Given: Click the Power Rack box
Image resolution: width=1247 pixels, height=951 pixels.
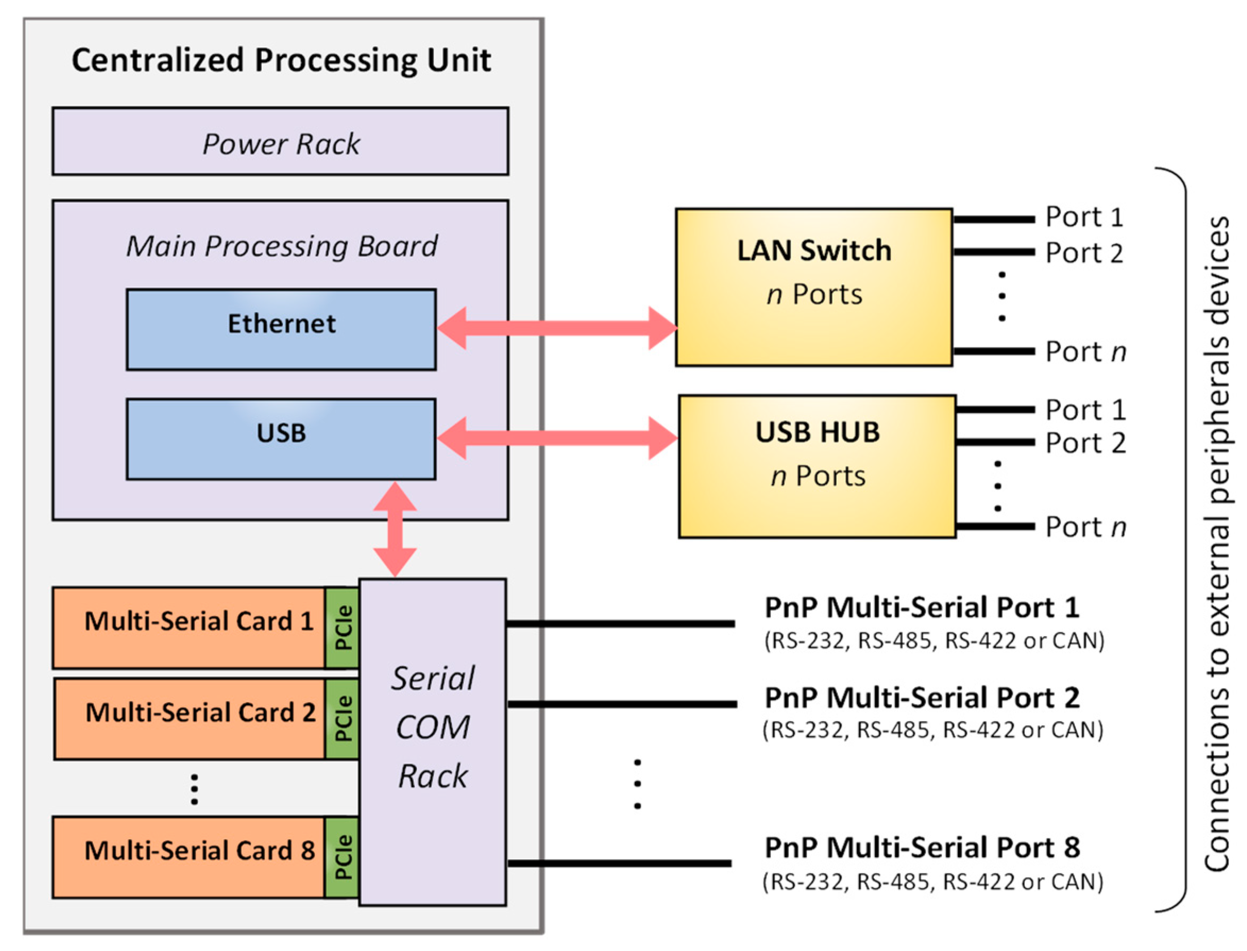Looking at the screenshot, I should tap(280, 141).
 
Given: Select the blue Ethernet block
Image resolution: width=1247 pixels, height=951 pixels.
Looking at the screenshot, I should tap(281, 329).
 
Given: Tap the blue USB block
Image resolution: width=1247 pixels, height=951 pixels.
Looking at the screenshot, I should tap(281, 439).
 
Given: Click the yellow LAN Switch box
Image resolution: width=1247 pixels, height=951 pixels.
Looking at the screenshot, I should tap(813, 287).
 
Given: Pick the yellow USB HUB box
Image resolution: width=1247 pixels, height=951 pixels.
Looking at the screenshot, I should tap(817, 466).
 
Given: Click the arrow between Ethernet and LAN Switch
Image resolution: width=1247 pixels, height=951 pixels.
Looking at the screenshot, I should tap(556, 328).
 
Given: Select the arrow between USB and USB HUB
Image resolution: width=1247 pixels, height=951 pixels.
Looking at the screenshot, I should tap(556, 438).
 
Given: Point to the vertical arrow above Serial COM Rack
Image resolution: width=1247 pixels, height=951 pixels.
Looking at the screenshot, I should tap(395, 529).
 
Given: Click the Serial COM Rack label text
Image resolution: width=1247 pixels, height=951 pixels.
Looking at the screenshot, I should tap(432, 727).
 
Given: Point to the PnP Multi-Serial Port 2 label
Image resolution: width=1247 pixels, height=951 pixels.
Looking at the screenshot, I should tap(921, 698).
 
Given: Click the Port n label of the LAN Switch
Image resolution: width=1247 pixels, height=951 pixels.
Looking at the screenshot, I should tap(1084, 352).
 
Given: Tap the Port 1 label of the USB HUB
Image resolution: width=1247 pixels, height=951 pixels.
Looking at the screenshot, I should tap(1084, 409).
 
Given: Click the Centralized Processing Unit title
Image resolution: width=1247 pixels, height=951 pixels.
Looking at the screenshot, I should tap(281, 60).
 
